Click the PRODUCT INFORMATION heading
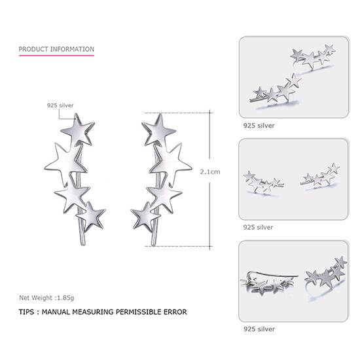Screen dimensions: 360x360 pyautogui.click(x=56, y=49)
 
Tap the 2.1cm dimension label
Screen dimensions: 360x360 pyautogui.click(x=209, y=171)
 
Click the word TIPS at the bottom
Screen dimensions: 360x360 pyautogui.click(x=28, y=312)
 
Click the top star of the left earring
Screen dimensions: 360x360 pyautogui.click(x=78, y=130)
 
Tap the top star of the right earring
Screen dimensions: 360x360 pyautogui.click(x=158, y=130)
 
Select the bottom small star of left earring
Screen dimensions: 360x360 pyautogui.click(x=91, y=216)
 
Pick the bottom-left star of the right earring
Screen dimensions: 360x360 pyautogui.click(x=145, y=215)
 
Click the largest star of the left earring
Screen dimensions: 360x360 pyautogui.click(x=64, y=162)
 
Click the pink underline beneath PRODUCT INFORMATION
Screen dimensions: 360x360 pyautogui.click(x=56, y=56)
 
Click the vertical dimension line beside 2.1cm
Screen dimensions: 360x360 pyautogui.click(x=210, y=196)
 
